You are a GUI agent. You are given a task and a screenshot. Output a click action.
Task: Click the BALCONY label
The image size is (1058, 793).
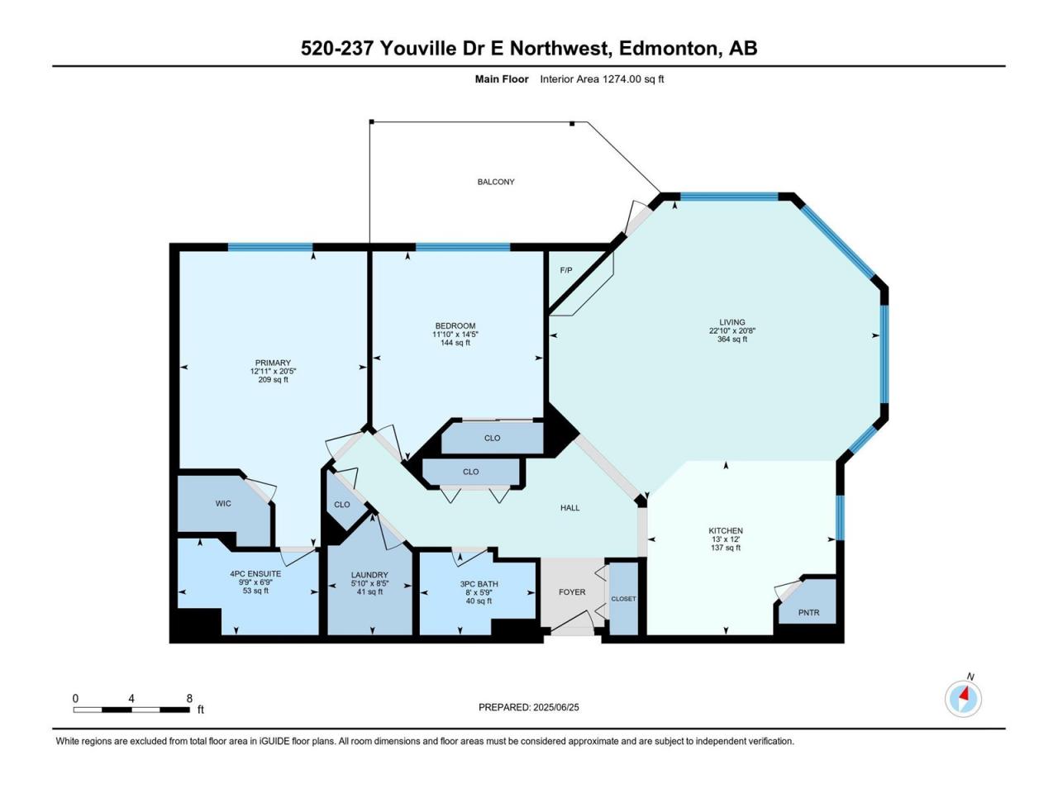(x=495, y=182)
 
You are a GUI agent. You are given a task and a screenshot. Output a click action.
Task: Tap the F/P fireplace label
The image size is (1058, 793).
(x=566, y=270)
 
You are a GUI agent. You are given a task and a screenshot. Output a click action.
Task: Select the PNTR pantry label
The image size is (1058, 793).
(x=808, y=612)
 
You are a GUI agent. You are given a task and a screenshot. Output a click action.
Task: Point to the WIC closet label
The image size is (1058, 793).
(x=223, y=503)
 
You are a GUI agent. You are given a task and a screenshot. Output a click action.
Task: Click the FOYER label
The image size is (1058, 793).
(x=572, y=591)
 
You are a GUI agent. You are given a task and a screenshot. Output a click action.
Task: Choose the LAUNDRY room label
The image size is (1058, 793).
(x=369, y=575)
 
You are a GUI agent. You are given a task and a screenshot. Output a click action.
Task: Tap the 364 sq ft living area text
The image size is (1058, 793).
(x=732, y=339)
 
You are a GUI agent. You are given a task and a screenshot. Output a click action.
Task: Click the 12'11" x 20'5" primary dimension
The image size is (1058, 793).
(x=273, y=371)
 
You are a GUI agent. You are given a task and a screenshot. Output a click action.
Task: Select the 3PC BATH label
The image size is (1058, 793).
(x=479, y=584)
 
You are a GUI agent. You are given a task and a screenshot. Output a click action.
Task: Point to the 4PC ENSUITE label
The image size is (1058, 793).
(x=255, y=574)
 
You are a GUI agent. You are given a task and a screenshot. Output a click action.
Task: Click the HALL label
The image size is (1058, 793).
(x=570, y=507)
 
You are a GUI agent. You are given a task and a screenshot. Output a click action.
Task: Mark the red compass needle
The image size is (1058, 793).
(x=965, y=694)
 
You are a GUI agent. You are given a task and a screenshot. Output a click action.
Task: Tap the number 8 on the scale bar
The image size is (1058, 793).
(x=189, y=698)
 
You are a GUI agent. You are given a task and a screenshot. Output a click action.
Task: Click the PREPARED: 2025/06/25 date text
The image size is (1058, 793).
(x=529, y=707)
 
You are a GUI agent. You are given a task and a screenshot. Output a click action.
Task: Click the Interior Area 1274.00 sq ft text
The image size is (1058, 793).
(x=602, y=79)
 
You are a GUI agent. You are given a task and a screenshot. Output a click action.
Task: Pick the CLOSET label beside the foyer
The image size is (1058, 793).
(x=623, y=599)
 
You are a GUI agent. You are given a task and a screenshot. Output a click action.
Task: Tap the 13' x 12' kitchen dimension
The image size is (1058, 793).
(x=726, y=539)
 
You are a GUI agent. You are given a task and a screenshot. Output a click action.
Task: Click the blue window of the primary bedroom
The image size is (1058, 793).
(x=270, y=248)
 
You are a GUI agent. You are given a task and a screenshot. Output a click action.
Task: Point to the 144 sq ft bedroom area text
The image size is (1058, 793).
(x=455, y=342)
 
